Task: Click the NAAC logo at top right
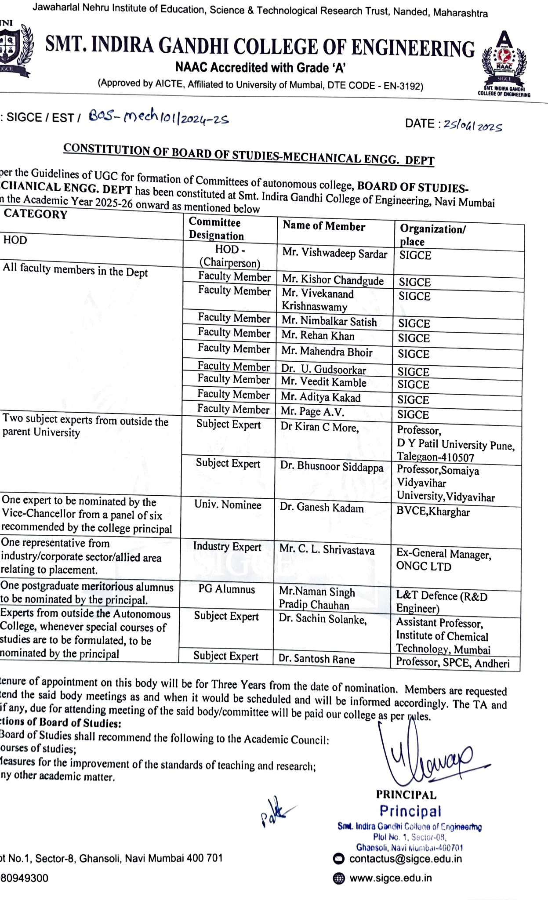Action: click(504, 62)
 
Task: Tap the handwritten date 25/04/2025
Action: click(472, 126)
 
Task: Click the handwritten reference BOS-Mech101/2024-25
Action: click(159, 117)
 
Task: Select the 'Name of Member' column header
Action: click(324, 226)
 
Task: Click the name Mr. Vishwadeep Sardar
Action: click(334, 254)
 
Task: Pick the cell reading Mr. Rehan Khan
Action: click(318, 336)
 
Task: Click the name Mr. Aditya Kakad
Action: click(321, 397)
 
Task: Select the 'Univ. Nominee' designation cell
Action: click(228, 505)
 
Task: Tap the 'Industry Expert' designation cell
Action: click(227, 547)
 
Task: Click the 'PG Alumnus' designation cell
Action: click(226, 589)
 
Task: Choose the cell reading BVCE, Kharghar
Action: click(433, 512)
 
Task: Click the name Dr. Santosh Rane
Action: click(316, 659)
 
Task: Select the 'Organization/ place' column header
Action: click(433, 235)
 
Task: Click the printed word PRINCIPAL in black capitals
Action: click(406, 795)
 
